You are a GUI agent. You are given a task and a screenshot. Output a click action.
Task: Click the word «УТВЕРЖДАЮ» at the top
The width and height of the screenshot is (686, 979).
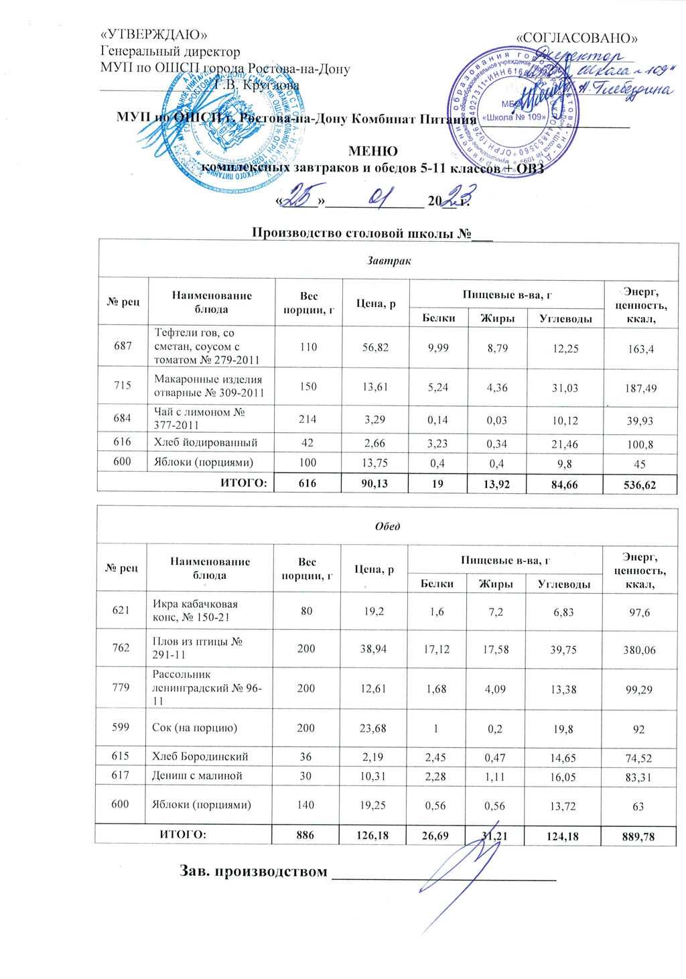point(153,35)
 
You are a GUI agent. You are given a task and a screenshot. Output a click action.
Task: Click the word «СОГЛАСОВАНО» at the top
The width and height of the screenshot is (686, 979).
point(578,38)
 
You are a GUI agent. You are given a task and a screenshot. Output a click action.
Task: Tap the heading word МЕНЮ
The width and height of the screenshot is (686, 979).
point(372,151)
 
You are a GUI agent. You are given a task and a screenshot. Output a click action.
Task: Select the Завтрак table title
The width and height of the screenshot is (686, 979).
point(389,260)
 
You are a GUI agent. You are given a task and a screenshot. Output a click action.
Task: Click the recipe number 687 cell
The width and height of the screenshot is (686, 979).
point(123,346)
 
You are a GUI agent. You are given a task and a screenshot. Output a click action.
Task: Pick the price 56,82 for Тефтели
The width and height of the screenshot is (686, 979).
point(375,347)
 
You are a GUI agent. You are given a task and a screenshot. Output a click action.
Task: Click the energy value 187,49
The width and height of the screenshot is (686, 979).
point(640,389)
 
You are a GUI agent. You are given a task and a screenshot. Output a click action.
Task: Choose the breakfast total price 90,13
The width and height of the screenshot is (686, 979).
point(374,482)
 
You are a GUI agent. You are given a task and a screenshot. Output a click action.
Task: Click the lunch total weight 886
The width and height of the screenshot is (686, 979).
point(305,834)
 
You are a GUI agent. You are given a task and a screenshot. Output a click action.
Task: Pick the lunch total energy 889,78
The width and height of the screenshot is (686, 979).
point(638,836)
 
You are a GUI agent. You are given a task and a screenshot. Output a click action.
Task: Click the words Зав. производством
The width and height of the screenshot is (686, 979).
point(253,871)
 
